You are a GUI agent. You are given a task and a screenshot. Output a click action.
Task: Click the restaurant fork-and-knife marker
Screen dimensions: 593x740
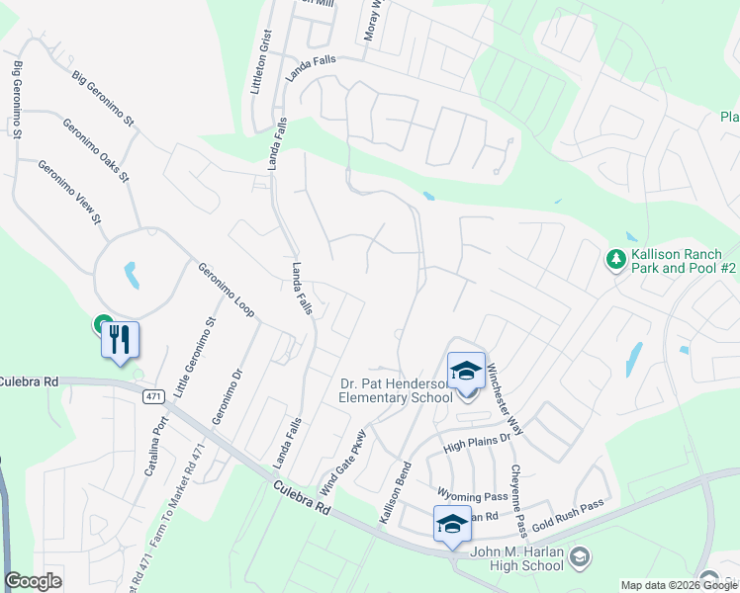coord(120,341)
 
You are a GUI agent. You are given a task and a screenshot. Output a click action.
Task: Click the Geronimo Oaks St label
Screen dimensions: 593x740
coord(95,150)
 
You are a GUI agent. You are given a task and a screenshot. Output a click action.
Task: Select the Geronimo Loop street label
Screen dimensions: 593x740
coord(226,290)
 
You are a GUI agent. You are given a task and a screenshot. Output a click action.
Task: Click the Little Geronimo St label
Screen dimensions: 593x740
coord(193,358)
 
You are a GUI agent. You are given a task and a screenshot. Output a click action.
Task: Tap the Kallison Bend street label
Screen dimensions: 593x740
coord(394,491)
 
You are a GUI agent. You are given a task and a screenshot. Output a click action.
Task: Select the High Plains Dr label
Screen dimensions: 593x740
coord(476,439)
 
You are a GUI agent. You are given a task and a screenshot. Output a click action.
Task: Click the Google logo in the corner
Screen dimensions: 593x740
coord(34,581)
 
